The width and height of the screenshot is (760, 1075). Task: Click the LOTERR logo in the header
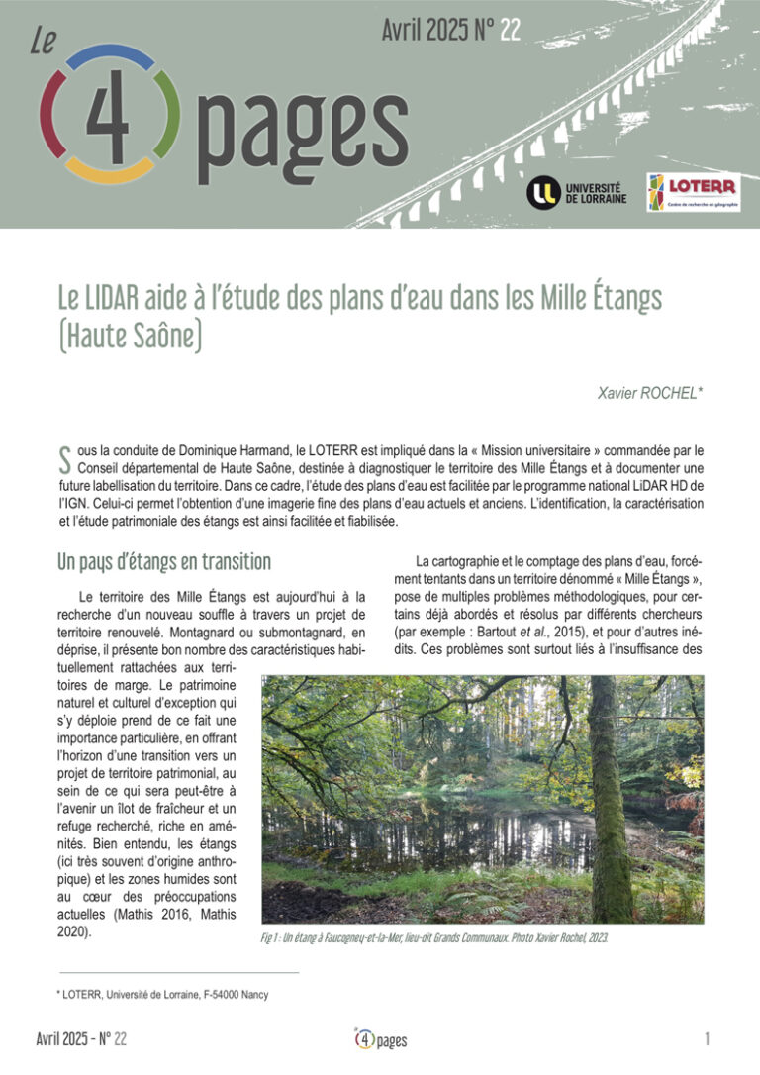694,192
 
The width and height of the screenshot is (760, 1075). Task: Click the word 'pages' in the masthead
303,134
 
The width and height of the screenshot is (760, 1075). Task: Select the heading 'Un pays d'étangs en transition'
164,562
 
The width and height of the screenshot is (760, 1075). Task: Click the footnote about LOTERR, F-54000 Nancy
163,995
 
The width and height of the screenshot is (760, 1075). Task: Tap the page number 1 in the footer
708,1038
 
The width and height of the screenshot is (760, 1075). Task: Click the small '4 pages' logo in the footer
381,1039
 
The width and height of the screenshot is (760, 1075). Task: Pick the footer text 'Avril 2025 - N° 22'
81,1038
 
